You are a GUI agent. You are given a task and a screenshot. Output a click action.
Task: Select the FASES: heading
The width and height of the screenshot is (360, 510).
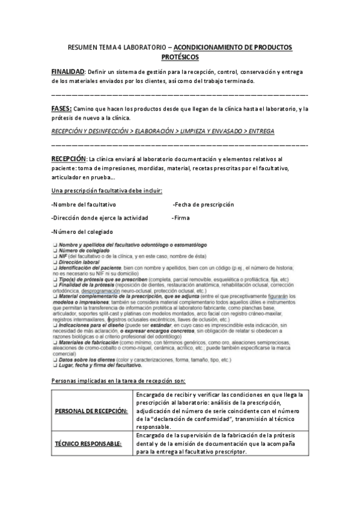click(62, 108)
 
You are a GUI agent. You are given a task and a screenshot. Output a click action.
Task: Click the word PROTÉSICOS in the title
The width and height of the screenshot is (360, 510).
click(180, 57)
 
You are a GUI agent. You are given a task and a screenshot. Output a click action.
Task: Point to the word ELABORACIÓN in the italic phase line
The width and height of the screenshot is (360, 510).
click(158, 130)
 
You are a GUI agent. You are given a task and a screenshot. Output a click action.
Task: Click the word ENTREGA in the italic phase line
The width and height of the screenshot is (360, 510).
click(261, 130)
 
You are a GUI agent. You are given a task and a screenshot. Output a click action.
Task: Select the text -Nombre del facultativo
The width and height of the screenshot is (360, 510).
click(84, 204)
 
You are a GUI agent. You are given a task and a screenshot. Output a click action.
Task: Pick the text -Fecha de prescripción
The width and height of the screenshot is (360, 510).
click(203, 204)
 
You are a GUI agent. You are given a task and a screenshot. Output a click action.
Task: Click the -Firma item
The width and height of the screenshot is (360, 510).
click(181, 218)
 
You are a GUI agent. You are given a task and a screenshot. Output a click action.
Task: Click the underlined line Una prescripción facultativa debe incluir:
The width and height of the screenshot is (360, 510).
click(106, 191)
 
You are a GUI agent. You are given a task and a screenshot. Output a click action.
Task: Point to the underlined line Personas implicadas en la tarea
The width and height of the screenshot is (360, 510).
click(118, 381)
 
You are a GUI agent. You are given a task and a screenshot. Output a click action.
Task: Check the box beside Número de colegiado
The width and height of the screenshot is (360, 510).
click(55, 251)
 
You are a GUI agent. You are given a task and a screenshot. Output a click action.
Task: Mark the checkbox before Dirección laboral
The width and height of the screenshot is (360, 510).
click(55, 263)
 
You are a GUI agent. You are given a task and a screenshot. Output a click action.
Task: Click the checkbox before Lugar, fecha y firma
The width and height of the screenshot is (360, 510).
click(55, 365)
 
